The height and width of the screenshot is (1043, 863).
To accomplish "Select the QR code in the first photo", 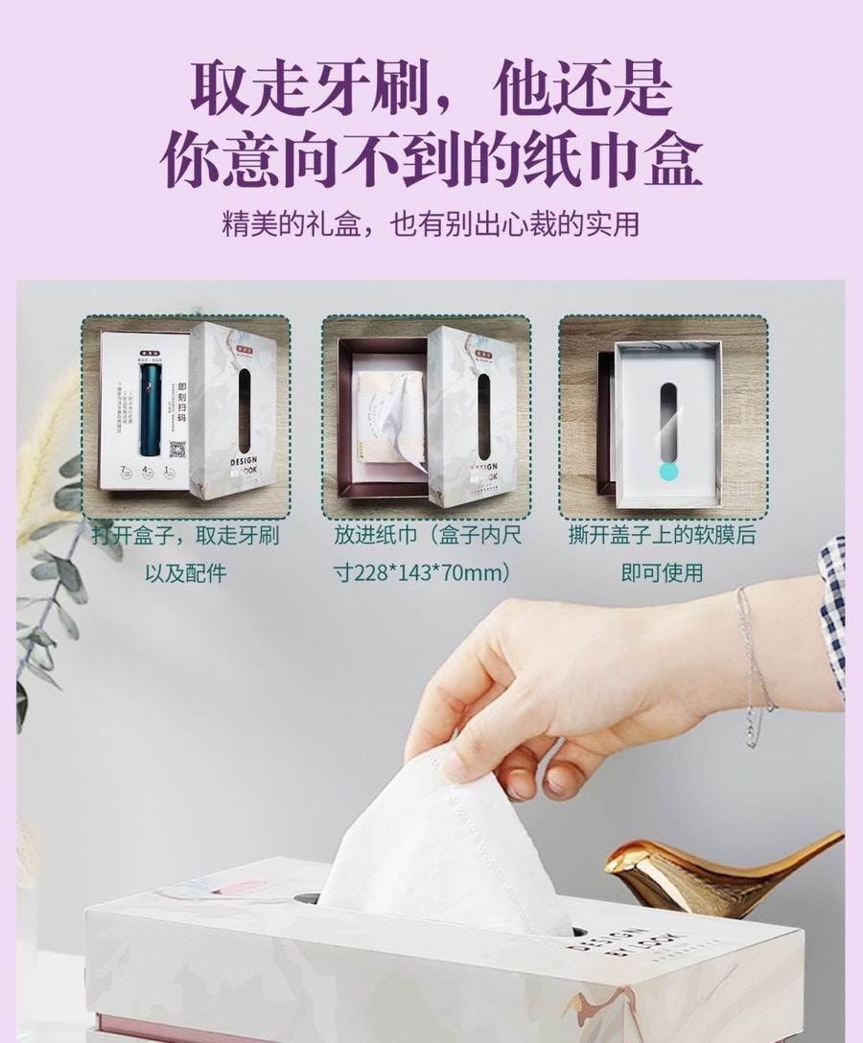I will coord(175,448).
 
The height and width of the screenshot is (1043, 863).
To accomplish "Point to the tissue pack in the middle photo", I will coord(384,412).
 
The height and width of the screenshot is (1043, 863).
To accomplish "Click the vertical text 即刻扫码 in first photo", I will coord(181,401).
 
